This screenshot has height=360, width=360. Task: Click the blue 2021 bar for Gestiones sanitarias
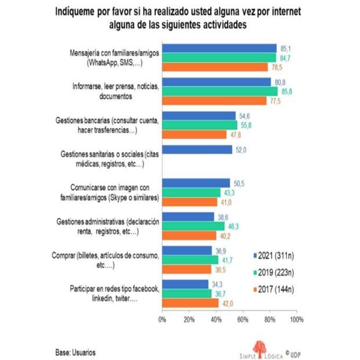coord(197,150)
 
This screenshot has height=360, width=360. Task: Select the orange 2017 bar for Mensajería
coord(214,67)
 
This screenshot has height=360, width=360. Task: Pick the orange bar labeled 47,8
coord(194,134)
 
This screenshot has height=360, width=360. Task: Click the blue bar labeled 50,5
coord(196,183)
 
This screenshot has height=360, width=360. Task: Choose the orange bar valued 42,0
coord(190,302)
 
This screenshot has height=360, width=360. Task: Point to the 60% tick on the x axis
coord(242,319)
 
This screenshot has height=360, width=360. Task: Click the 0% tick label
coord(163,319)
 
